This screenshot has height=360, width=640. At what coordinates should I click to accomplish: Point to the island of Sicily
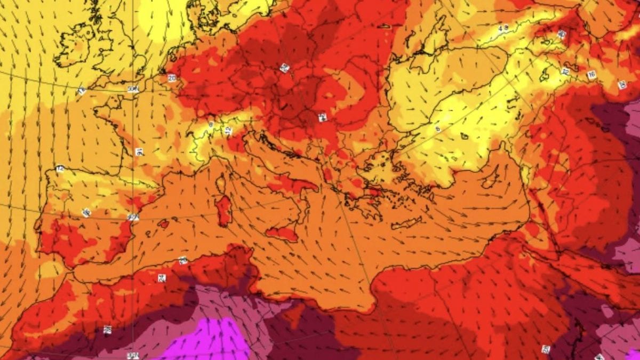tap(283, 233)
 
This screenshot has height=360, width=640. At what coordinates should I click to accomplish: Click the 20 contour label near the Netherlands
tap(172, 78)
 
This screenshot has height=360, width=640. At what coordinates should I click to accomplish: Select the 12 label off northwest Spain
tap(60, 169)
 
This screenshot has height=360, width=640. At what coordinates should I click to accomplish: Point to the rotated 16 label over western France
tap(139, 152)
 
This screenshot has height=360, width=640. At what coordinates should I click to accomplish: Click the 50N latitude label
tap(133, 89)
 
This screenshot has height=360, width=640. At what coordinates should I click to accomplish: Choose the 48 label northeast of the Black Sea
tap(503, 28)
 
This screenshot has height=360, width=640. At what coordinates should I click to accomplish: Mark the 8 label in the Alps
tap(211, 124)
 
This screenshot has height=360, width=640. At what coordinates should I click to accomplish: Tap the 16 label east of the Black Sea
tap(591, 75)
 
